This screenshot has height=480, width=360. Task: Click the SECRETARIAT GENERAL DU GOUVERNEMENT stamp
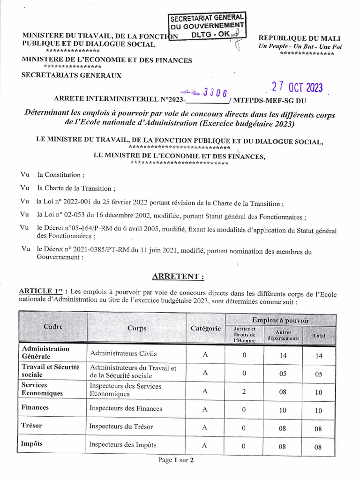point(206,26)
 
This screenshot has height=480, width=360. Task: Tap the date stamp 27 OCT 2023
point(297,88)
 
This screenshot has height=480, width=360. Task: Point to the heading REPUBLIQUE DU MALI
point(300,38)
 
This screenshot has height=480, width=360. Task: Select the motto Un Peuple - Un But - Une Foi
point(300,46)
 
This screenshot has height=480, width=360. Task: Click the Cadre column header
point(52,327)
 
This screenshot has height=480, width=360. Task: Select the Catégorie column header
point(205,329)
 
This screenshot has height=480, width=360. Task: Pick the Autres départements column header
point(283,335)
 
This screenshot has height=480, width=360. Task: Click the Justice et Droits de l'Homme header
point(244,335)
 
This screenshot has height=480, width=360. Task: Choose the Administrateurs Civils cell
point(123,353)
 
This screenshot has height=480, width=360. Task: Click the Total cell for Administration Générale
point(319,356)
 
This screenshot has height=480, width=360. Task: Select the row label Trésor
point(32,426)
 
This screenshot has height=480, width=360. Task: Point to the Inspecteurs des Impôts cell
point(123,444)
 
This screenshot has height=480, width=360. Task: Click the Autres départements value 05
point(283,374)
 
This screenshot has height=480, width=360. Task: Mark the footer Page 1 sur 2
point(176,460)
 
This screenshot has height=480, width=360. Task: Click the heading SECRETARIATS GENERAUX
point(71,75)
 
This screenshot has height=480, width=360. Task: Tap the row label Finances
point(35,407)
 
